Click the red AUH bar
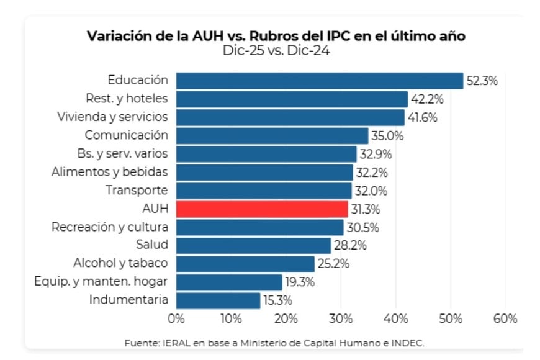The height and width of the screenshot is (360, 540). pyautogui.click(x=262, y=209)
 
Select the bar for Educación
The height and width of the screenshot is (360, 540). pyautogui.click(x=320, y=81)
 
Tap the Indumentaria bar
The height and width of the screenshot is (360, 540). pyautogui.click(x=218, y=300)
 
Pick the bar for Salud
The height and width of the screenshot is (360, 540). pyautogui.click(x=253, y=245)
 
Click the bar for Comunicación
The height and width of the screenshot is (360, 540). pyautogui.click(x=272, y=135)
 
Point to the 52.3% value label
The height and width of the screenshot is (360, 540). pyautogui.click(x=482, y=81)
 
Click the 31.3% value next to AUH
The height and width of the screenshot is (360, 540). pyautogui.click(x=366, y=209)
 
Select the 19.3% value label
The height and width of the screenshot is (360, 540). pyautogui.click(x=300, y=282)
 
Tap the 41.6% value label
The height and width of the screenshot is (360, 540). pyautogui.click(x=423, y=117)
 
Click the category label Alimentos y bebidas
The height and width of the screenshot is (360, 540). pyautogui.click(x=110, y=171)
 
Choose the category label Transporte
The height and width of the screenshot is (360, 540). pyautogui.click(x=137, y=190)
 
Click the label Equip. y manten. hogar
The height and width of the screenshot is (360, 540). pyautogui.click(x=101, y=281)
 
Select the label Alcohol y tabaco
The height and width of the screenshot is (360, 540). pyautogui.click(x=120, y=263)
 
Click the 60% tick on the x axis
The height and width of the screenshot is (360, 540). pyautogui.click(x=505, y=319)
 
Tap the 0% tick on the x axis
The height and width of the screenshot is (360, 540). pyautogui.click(x=176, y=319)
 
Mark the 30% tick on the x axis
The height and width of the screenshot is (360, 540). pyautogui.click(x=341, y=319)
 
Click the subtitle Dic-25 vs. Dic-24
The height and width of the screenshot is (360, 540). pyautogui.click(x=276, y=51)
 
